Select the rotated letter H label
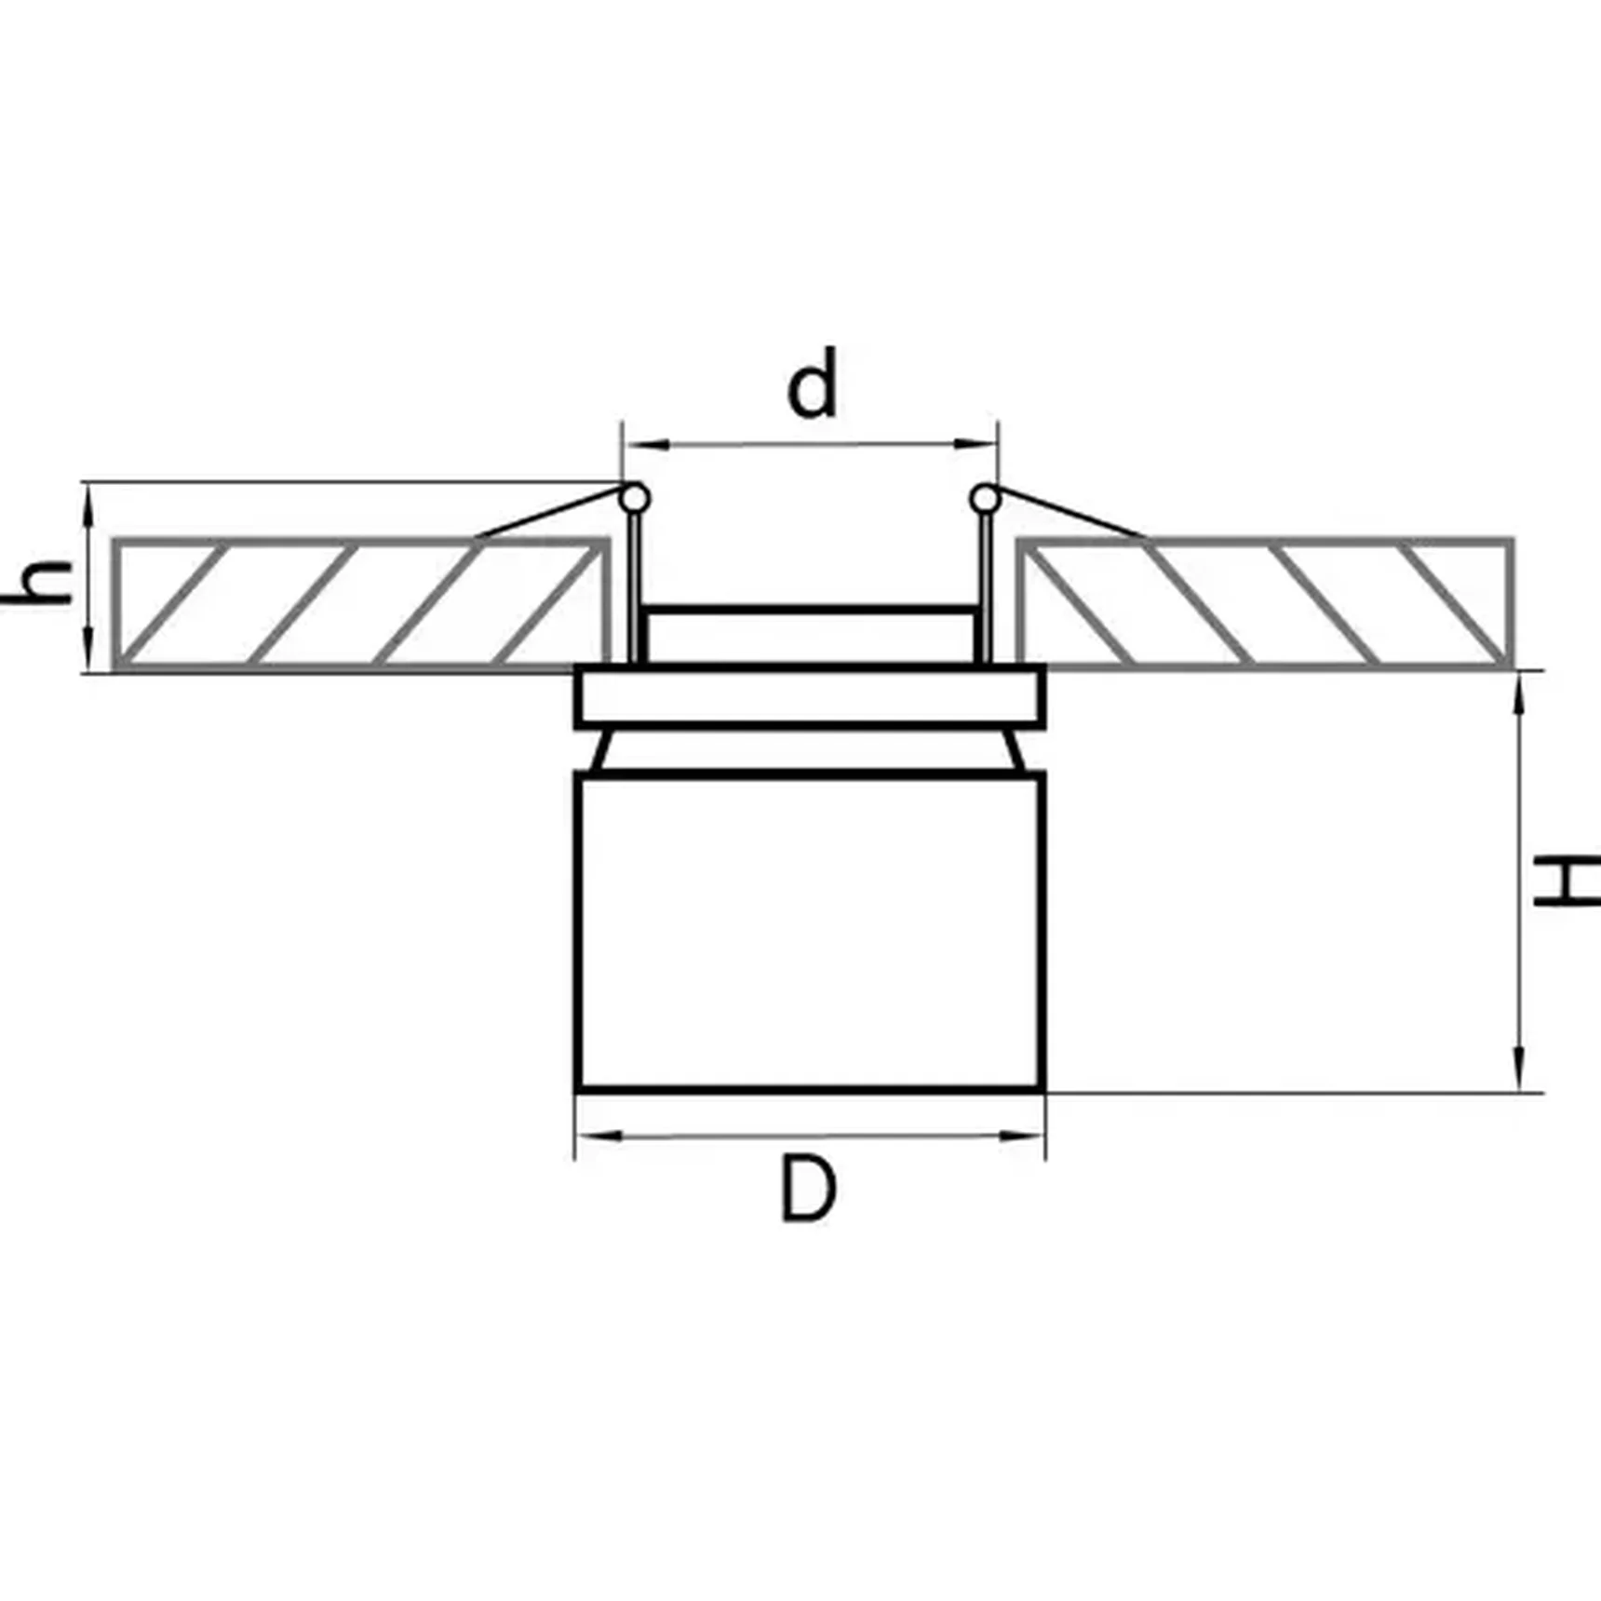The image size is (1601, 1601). (1566, 882)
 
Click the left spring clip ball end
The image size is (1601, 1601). (635, 499)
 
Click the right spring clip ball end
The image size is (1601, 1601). (985, 500)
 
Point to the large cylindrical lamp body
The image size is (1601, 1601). (810, 931)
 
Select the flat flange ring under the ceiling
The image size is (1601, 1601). (810, 695)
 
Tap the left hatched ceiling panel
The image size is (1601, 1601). (361, 603)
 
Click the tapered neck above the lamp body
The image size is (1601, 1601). (810, 750)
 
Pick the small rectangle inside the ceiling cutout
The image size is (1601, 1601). (810, 636)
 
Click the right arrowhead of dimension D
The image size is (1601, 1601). (1024, 1136)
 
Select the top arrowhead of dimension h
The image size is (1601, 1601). (89, 503)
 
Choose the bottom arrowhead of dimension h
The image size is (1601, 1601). (89, 652)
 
